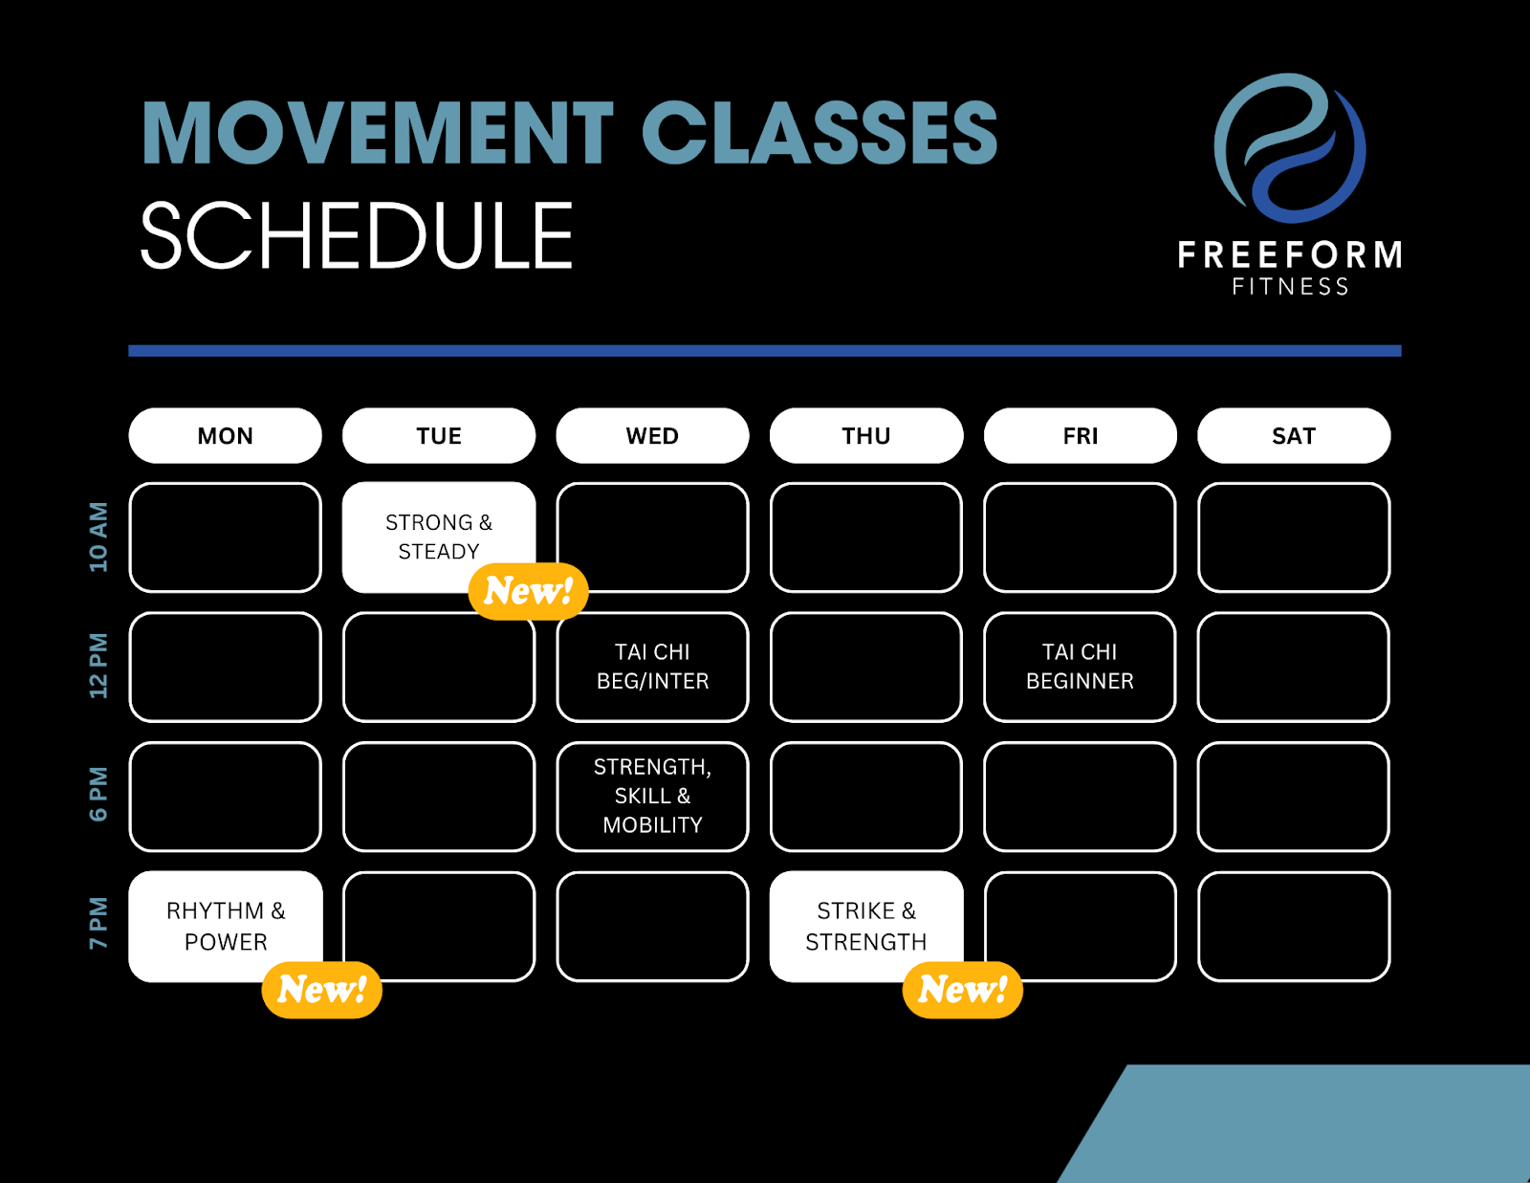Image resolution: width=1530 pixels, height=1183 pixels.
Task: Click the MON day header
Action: [x=226, y=435]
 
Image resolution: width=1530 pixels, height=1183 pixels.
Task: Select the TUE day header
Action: [x=439, y=435]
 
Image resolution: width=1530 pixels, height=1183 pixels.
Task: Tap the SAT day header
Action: [x=1294, y=435]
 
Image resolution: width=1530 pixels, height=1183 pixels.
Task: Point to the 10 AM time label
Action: [x=98, y=537]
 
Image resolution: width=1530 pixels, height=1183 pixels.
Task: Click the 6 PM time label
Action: [x=98, y=794]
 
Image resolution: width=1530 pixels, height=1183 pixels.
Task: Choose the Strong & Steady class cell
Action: [x=439, y=537]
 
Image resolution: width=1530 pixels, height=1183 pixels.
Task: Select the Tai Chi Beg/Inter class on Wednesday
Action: [x=653, y=667]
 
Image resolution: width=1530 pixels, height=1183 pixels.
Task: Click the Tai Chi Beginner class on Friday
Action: [x=1080, y=667]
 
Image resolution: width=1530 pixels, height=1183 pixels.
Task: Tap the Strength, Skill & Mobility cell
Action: [x=653, y=797]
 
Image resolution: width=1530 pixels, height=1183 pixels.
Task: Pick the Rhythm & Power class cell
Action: [x=226, y=926]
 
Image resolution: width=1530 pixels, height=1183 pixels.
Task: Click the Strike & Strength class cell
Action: [x=866, y=926]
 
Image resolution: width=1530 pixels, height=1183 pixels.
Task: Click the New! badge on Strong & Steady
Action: [x=528, y=591]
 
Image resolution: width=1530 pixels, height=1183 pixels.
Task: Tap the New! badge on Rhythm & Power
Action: [x=321, y=990]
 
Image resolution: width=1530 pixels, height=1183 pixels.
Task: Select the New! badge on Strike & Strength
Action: [x=963, y=990]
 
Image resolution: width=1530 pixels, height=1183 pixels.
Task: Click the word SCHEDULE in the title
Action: [x=357, y=234]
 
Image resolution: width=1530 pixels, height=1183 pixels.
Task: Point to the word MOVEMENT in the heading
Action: [x=378, y=132]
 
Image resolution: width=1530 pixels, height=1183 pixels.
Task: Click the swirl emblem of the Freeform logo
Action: [x=1290, y=148]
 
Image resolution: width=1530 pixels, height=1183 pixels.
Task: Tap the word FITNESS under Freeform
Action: [x=1290, y=287]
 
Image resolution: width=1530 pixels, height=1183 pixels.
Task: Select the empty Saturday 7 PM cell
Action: [x=1294, y=926]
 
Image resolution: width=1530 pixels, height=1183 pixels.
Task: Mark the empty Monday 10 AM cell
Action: [x=226, y=537]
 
